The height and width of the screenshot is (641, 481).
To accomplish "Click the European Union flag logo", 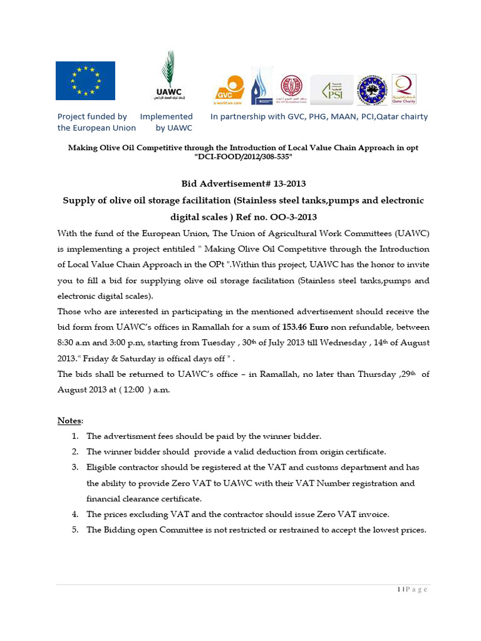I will click(85, 81).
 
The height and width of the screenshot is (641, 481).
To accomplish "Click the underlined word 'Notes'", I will click(70, 420).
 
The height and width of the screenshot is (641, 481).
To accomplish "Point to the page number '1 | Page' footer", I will click(411, 590).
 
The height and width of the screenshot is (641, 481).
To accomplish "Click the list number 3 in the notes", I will click(75, 467).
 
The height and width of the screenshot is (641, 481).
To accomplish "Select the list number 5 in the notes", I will click(75, 530).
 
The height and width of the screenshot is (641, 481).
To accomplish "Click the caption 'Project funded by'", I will click(92, 116).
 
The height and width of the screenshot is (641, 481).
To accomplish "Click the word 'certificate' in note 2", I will click(363, 451).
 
